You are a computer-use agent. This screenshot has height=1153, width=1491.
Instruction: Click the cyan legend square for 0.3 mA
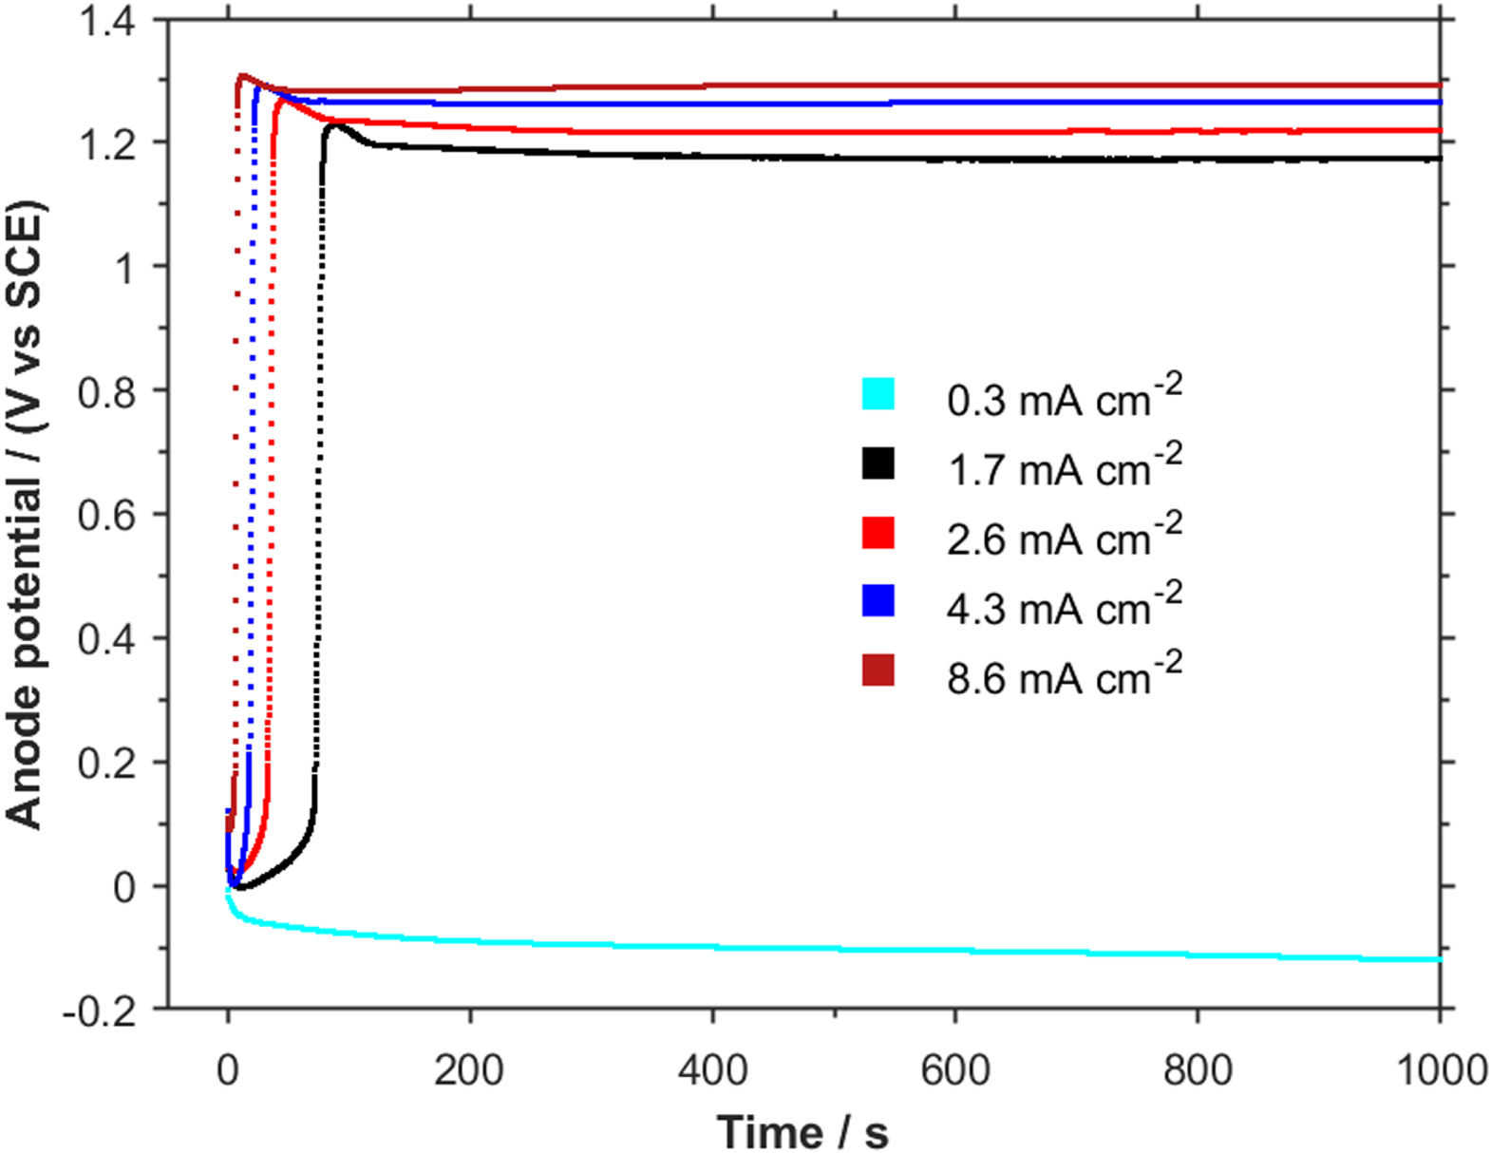pyautogui.click(x=878, y=394)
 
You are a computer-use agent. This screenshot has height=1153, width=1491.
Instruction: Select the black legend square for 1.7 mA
pyautogui.click(x=878, y=463)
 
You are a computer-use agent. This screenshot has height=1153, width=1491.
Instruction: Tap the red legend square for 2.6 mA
pyautogui.click(x=878, y=533)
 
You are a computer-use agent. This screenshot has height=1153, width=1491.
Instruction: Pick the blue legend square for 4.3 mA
pyautogui.click(x=878, y=602)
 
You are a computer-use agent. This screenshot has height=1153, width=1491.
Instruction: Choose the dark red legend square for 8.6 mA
pyautogui.click(x=878, y=671)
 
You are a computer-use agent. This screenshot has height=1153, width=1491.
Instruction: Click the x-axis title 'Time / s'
pyautogui.click(x=802, y=1131)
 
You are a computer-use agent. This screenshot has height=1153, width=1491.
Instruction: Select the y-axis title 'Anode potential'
pyautogui.click(x=25, y=514)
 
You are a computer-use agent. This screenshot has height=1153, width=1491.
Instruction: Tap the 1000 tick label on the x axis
pyautogui.click(x=1440, y=1070)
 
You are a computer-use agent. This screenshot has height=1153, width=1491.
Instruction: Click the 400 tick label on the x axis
pyautogui.click(x=712, y=1070)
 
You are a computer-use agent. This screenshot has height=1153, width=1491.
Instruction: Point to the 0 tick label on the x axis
pyautogui.click(x=227, y=1070)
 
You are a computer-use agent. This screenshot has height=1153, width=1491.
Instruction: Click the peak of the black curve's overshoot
pyautogui.click(x=336, y=124)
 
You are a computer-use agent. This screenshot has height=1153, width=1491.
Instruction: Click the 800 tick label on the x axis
pyautogui.click(x=1198, y=1070)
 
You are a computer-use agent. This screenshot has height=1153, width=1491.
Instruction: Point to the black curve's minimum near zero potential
pyautogui.click(x=240, y=888)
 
